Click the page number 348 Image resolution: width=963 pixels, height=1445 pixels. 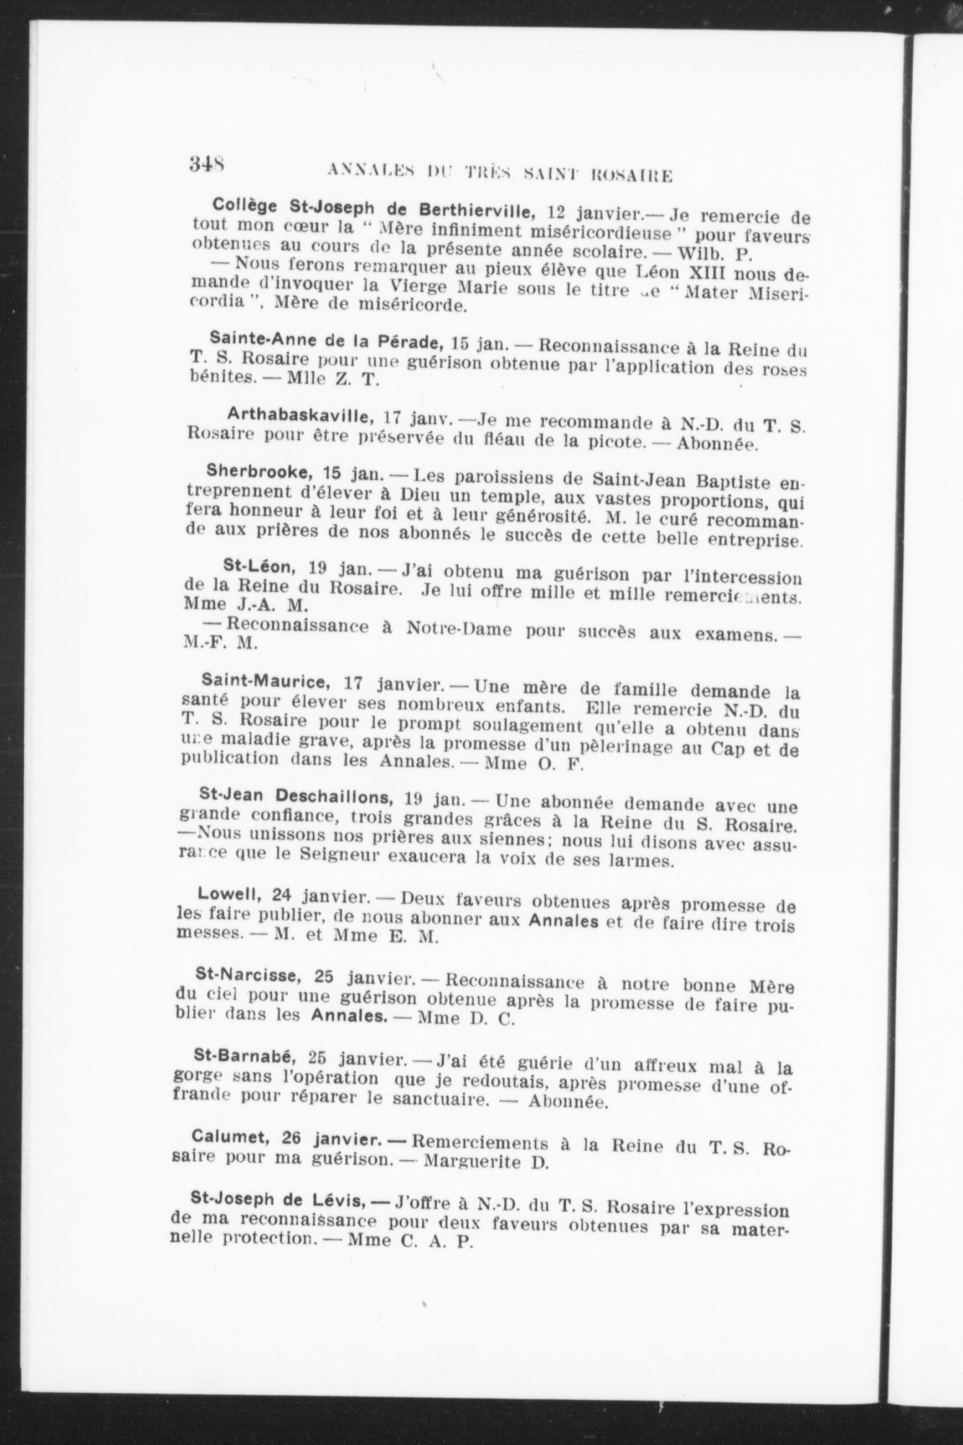pyautogui.click(x=206, y=165)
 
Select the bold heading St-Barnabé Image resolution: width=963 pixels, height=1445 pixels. pyautogui.click(x=245, y=1055)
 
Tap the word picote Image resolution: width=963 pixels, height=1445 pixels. pyautogui.click(x=604, y=442)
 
